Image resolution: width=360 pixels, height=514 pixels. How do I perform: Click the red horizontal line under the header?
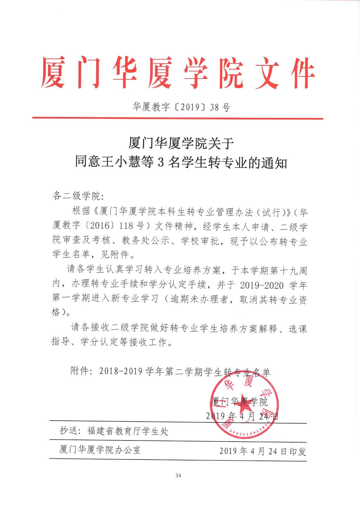[178, 119]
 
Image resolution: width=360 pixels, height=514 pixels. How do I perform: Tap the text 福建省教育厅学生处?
[128, 431]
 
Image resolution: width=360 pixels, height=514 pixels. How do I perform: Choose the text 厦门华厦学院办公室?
[100, 450]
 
